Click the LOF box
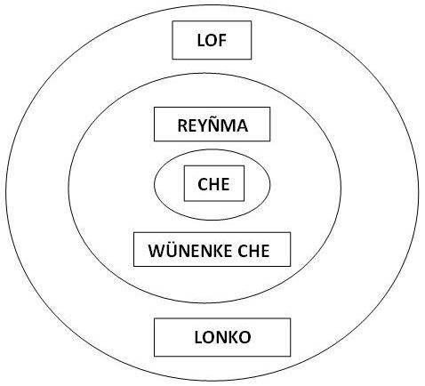pos(212,40)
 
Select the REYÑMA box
pos(212,124)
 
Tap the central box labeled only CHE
pos(214,183)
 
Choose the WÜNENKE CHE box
pos(212,249)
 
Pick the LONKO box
pos(222,337)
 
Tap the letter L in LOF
pos(201,40)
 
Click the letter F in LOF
pos(222,40)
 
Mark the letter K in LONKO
pos(233,337)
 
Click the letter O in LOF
pos(211,40)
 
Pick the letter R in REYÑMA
pos(182,125)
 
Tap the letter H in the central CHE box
pos(213,184)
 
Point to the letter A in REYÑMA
pos(242,125)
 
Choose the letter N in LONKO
pos(221,337)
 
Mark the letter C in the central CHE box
pos(203,184)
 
